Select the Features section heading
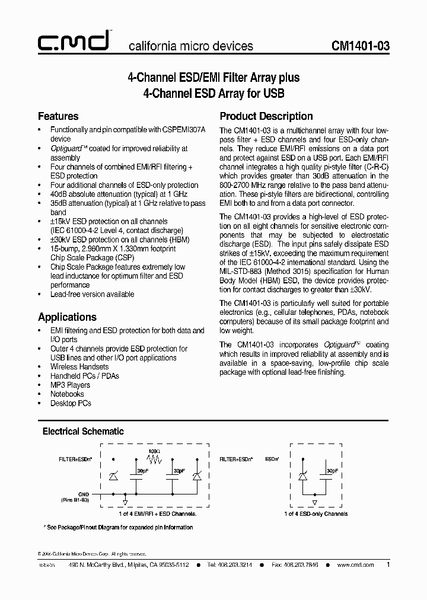coord(58,116)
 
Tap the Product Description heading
coord(266,116)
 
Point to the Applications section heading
coord(67,317)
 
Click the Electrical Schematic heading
coord(83,432)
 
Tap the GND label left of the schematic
coord(84,493)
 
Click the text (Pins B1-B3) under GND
coord(75,500)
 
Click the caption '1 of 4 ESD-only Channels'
coord(316,514)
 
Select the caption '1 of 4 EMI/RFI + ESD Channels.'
coord(158,514)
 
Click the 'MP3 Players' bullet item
coord(70,385)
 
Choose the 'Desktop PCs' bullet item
coord(71,403)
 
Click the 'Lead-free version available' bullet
coord(92,294)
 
